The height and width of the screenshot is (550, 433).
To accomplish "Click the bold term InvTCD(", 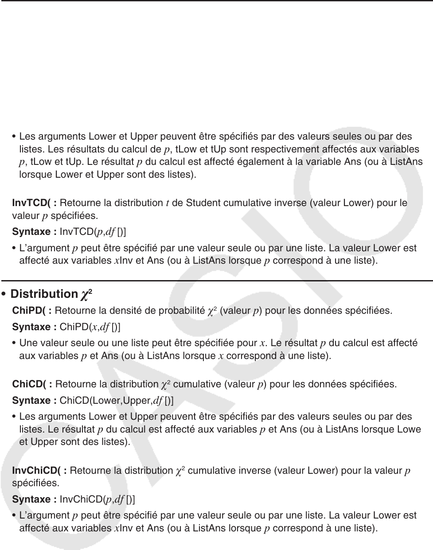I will click(x=34, y=203).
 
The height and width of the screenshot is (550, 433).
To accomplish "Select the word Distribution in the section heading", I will click(x=44, y=294).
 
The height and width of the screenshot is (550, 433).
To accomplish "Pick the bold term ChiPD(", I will click(x=32, y=311).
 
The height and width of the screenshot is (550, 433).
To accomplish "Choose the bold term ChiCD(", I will click(x=32, y=384).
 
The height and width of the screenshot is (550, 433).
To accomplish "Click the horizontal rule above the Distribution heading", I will click(x=216, y=281).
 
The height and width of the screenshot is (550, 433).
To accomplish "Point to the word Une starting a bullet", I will click(x=28, y=343).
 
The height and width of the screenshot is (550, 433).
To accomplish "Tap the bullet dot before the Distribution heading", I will click(x=4, y=294).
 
